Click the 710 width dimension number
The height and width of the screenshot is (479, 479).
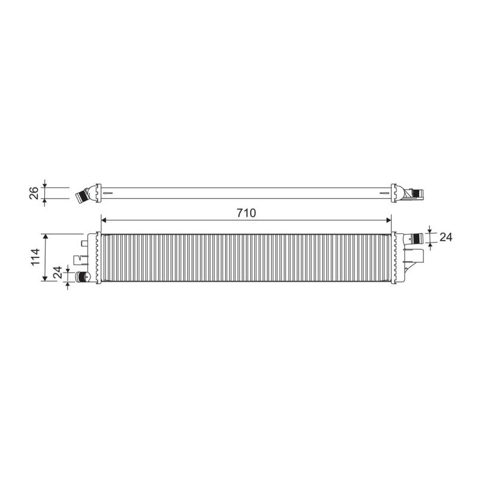[246, 213]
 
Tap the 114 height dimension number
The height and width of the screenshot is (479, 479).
[35, 257]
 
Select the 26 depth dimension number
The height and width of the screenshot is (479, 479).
[34, 193]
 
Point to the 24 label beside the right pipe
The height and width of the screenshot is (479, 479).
[445, 237]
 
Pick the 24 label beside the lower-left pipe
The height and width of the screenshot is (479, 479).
[57, 272]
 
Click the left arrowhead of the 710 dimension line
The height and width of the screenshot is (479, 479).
[104, 220]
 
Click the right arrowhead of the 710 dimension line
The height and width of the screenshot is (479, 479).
[389, 220]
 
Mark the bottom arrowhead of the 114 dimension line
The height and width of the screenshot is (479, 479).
[46, 278]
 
